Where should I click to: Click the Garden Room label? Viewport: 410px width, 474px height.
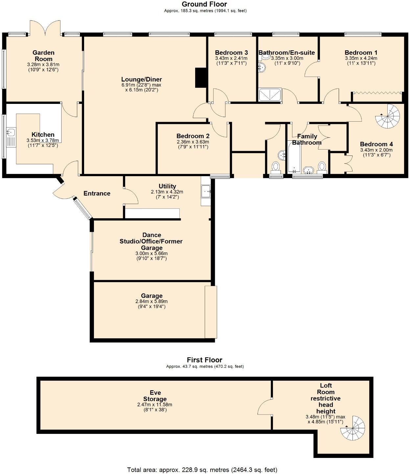pos(43,56)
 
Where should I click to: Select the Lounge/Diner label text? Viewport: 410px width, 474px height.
pos(141,79)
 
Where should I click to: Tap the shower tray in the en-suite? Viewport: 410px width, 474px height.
pos(270,95)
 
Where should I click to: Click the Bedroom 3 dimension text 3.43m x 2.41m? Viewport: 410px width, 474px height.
pos(231,58)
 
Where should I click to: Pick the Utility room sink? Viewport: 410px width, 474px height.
pos(206,191)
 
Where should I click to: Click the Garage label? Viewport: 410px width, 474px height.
pos(151,296)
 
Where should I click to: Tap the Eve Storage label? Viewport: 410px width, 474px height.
pos(155,396)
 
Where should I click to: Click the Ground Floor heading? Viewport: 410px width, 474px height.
pos(204,4)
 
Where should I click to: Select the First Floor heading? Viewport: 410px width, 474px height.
pos(204,360)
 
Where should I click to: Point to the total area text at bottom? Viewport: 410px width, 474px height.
pos(202,470)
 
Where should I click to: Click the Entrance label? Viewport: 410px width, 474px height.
pos(97,193)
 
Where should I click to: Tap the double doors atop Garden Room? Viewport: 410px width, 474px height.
pos(45,28)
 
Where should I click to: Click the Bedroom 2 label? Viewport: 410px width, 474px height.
pos(193,136)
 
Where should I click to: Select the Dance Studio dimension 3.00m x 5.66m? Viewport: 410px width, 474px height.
pos(151,253)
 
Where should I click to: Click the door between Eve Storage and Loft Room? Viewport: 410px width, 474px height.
pos(265,407)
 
